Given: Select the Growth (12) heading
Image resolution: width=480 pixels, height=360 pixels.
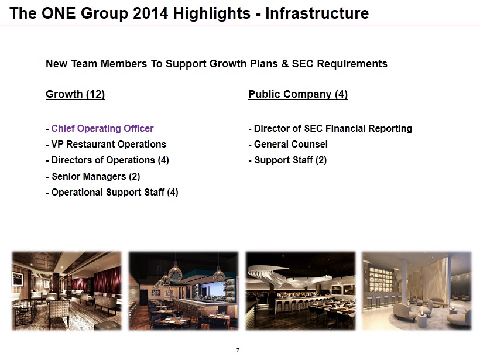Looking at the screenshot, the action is tap(76, 94).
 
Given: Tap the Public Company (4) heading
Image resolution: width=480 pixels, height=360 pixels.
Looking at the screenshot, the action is tap(298, 94).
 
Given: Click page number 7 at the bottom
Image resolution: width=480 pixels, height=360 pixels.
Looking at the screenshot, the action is tap(238, 350).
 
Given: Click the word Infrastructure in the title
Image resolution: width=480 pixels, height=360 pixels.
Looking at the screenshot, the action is tap(317, 13).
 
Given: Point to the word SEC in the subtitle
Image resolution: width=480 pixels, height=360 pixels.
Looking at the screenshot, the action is tap(303, 64).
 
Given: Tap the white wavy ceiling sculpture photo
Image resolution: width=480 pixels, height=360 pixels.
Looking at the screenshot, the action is tap(300, 291).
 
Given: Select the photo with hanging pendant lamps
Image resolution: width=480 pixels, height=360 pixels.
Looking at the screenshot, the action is tap(183, 291).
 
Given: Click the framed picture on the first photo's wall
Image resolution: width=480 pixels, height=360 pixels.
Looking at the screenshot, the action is tap(18, 279).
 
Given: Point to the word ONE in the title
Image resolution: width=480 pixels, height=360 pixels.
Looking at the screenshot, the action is tap(58, 13).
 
